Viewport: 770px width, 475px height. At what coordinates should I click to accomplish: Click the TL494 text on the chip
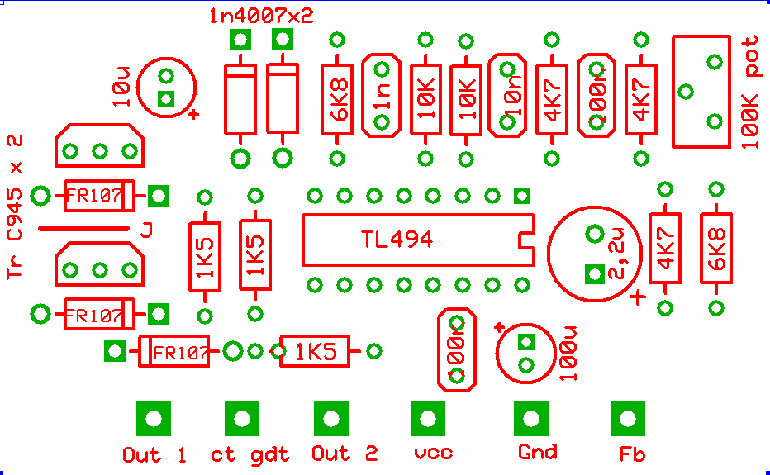[397, 240]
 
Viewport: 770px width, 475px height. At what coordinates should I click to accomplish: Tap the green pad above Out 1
[153, 419]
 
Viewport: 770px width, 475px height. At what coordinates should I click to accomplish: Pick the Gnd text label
[537, 452]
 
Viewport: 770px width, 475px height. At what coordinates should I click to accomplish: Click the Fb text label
[632, 454]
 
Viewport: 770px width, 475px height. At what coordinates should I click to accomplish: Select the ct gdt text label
[250, 454]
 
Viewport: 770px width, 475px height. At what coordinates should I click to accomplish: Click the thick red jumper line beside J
[83, 229]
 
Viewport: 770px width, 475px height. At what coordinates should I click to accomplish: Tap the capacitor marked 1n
[382, 96]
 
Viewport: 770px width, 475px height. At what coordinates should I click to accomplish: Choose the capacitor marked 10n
[506, 96]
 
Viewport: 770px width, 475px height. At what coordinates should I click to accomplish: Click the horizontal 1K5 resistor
[315, 352]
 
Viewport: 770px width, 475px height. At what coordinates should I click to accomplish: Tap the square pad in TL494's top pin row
[521, 196]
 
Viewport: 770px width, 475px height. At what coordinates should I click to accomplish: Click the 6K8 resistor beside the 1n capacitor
[337, 99]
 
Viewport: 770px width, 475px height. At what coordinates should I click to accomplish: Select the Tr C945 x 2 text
[14, 207]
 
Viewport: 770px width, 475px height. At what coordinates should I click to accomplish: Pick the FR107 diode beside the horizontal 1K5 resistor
[173, 352]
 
